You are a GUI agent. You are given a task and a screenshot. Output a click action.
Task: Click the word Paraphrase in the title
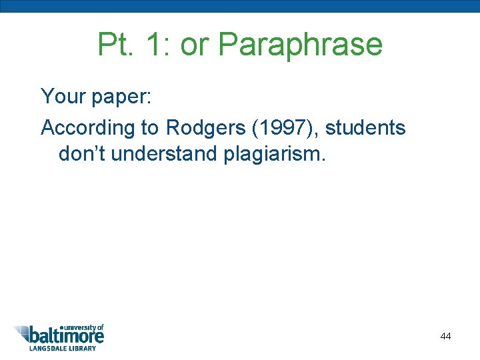point(301,45)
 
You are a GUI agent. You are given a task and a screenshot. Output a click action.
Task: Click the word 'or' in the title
point(195,45)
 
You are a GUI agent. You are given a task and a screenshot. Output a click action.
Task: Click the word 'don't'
point(82,154)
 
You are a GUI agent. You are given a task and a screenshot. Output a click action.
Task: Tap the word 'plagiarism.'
point(275,154)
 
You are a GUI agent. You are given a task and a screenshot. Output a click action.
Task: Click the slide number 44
point(445,336)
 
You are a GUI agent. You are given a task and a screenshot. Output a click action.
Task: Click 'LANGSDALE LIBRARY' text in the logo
point(62,348)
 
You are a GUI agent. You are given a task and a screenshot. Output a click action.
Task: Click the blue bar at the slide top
point(240,6)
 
